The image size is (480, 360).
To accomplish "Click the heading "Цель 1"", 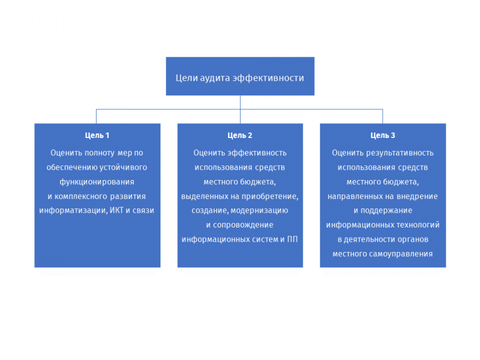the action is click(x=97, y=135).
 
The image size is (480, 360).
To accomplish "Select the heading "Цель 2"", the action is click(x=239, y=135).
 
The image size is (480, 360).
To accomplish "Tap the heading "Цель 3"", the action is click(x=383, y=135).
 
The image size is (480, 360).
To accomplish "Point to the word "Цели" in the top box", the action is click(x=187, y=78).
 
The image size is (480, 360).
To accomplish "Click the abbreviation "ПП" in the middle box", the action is click(x=292, y=239).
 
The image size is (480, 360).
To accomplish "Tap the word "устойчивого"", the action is click(x=123, y=167).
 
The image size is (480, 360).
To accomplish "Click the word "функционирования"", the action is click(x=97, y=182).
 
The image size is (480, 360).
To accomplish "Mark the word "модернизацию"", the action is click(x=259, y=211).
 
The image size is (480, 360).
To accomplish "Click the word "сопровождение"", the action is click(x=243, y=225).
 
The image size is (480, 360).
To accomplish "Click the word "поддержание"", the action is click(x=386, y=211).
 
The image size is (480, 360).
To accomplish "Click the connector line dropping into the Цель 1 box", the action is click(x=96, y=116).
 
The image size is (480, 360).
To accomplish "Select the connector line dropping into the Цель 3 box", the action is click(x=383, y=116).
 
